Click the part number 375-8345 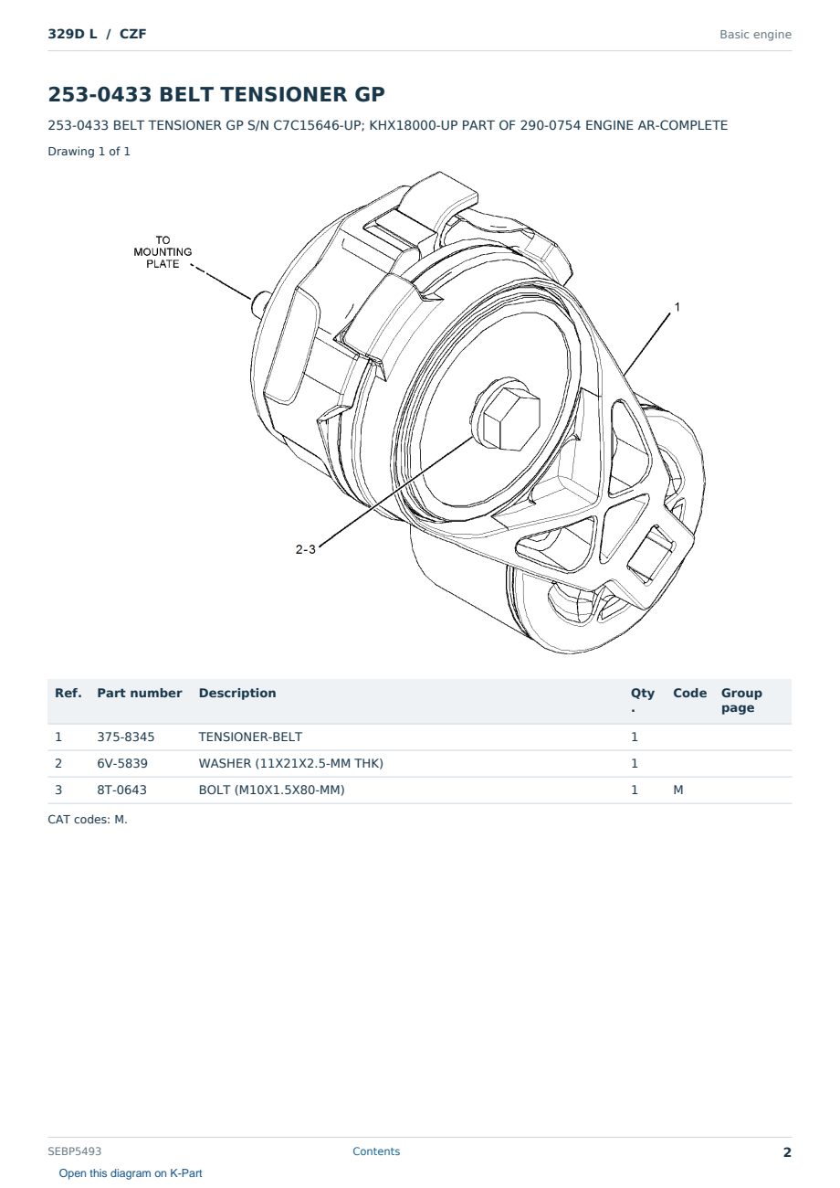click(126, 737)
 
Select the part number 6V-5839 click(122, 763)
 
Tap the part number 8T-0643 click(122, 790)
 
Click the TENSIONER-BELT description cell click(250, 737)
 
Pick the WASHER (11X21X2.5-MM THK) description click(291, 763)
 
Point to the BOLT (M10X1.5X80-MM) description click(271, 790)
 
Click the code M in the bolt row click(677, 790)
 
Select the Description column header click(237, 693)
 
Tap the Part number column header click(140, 693)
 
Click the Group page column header click(741, 700)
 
